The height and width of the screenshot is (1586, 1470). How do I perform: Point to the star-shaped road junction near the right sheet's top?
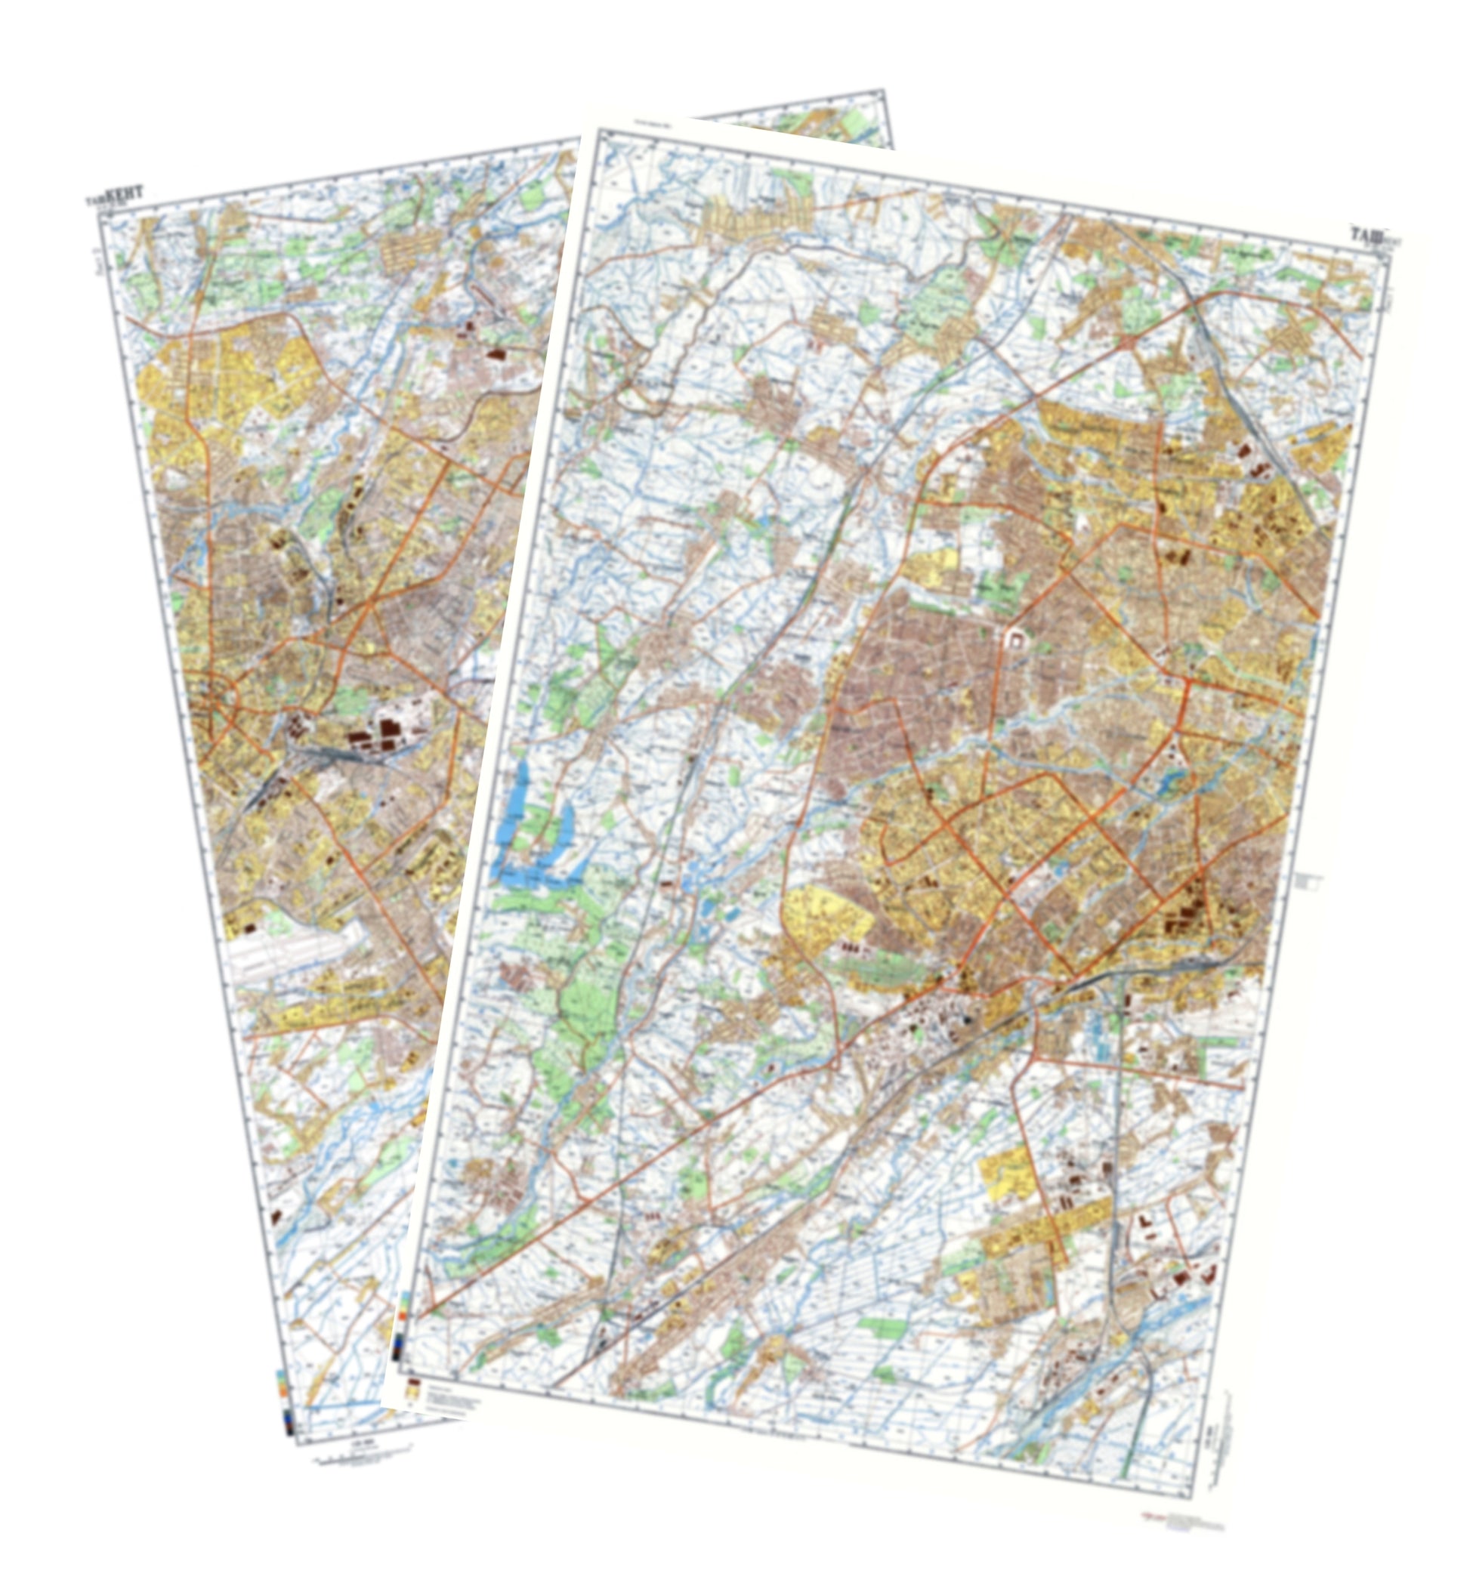coord(1129,342)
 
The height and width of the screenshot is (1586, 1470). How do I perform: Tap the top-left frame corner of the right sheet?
coord(600,135)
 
